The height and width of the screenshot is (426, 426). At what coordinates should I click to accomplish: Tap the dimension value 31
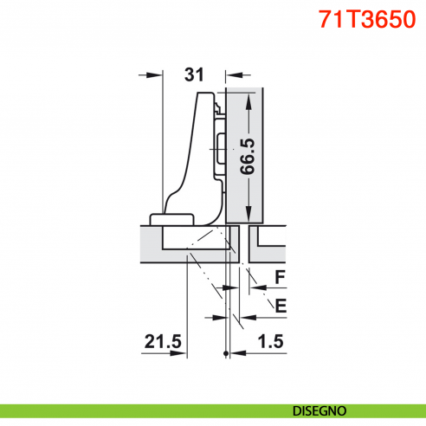click(x=195, y=74)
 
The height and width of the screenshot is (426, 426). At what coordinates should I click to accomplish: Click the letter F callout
click(x=280, y=278)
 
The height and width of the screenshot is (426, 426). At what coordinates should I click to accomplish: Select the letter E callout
click(x=279, y=304)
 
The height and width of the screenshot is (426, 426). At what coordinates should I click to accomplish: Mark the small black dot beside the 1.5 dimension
click(x=226, y=353)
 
